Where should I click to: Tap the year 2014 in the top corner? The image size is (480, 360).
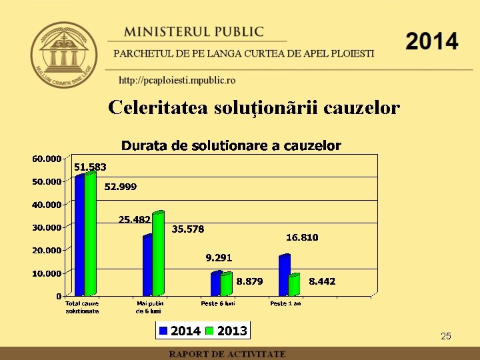tap(431, 41)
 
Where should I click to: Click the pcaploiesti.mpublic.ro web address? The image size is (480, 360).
tap(177, 81)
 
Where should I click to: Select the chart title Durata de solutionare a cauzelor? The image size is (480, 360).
tap(231, 145)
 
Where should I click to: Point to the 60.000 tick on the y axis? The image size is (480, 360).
tap(46, 159)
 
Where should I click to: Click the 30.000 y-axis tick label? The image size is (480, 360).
tap(46, 227)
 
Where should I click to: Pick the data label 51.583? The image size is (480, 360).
tap(90, 167)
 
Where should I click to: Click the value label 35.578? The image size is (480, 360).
tap(188, 229)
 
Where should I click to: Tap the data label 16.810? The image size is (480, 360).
tap(302, 237)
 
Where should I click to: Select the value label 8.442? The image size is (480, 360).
tap(322, 282)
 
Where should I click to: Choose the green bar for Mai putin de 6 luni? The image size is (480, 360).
tap(158, 254)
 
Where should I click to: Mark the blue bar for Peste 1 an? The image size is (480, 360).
tap(284, 275)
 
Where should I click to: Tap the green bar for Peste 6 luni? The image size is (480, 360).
tap(226, 285)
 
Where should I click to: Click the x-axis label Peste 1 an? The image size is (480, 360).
tap(285, 303)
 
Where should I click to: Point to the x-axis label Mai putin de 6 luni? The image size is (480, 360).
tap(149, 307)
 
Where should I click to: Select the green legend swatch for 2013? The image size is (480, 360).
tap(210, 331)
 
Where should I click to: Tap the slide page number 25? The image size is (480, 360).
tap(446, 336)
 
